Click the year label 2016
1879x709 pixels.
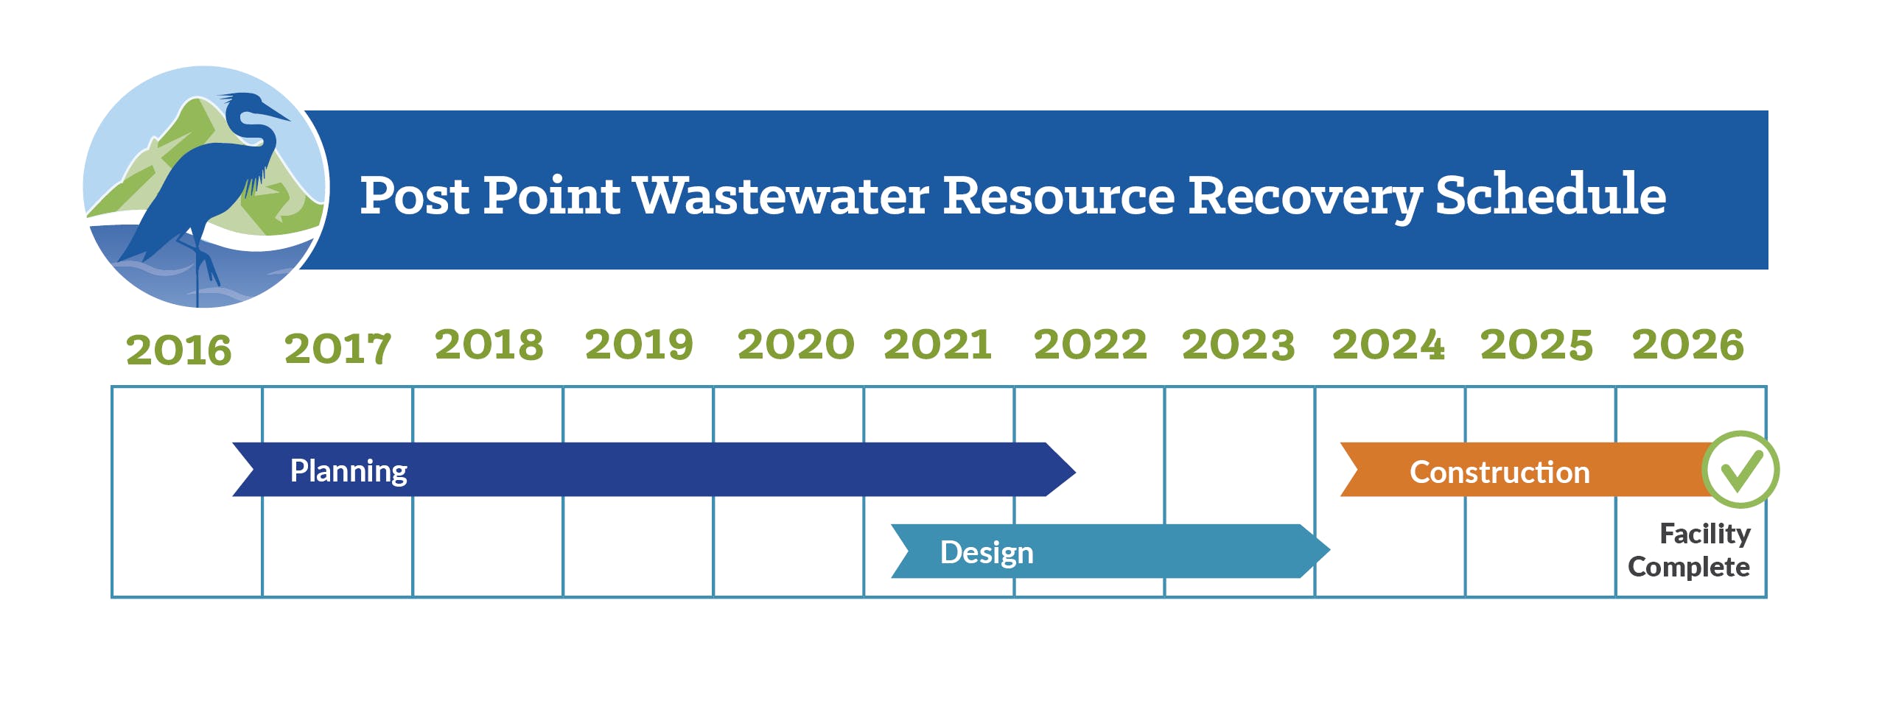[x=178, y=350]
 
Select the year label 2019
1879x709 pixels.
[x=639, y=345]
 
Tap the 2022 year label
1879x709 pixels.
[x=1090, y=345]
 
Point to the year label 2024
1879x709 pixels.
[x=1388, y=345]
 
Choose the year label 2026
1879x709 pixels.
[x=1687, y=345]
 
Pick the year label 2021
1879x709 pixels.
[x=937, y=345]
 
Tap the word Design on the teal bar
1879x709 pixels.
[x=987, y=553]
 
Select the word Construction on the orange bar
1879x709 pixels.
[x=1500, y=472]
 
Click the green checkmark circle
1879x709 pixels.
[x=1740, y=470]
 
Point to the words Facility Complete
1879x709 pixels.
[x=1689, y=550]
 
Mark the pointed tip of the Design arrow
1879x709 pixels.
[x=1330, y=551]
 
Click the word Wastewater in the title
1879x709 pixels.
[x=780, y=196]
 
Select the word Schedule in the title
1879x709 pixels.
[x=1550, y=194]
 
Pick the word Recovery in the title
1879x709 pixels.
[x=1305, y=197]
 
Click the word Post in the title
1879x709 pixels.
[x=414, y=196]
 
